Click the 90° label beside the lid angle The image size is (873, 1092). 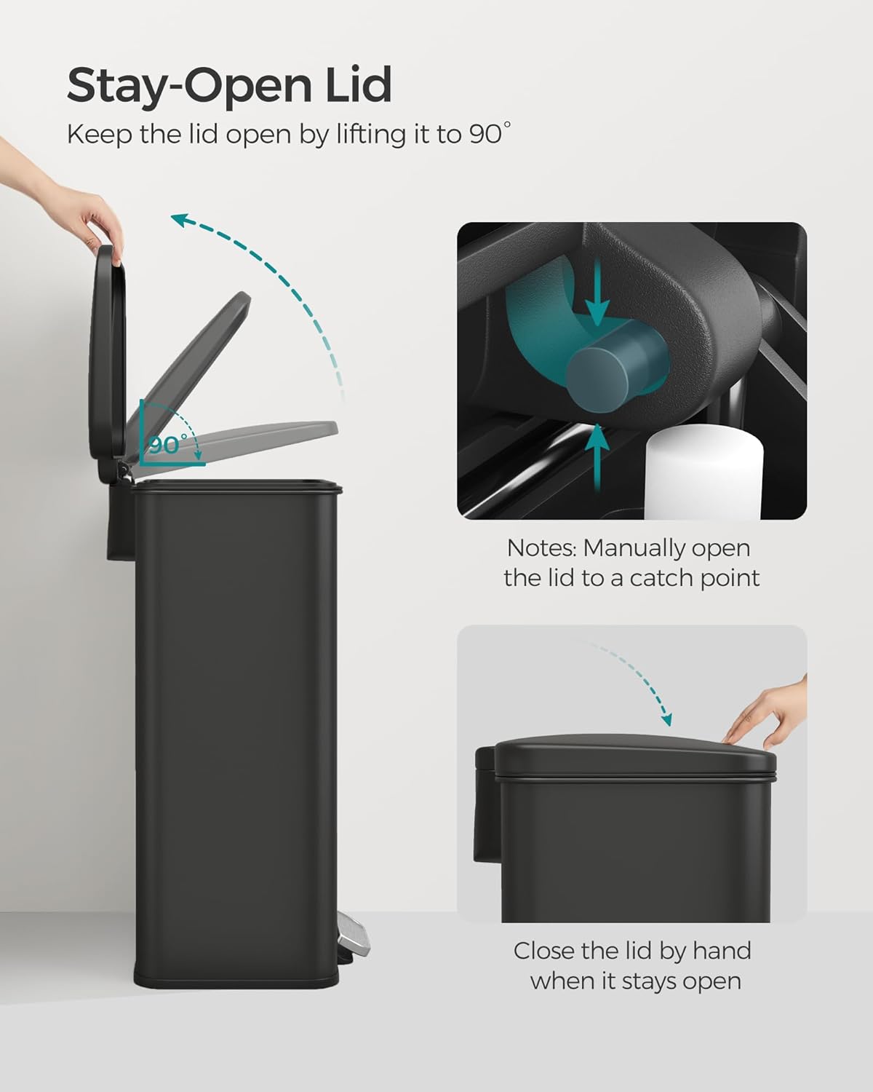[168, 445]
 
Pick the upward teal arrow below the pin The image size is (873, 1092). [597, 457]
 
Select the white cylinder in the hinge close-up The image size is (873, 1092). [704, 472]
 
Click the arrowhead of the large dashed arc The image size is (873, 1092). [181, 221]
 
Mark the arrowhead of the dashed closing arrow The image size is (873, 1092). [666, 719]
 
